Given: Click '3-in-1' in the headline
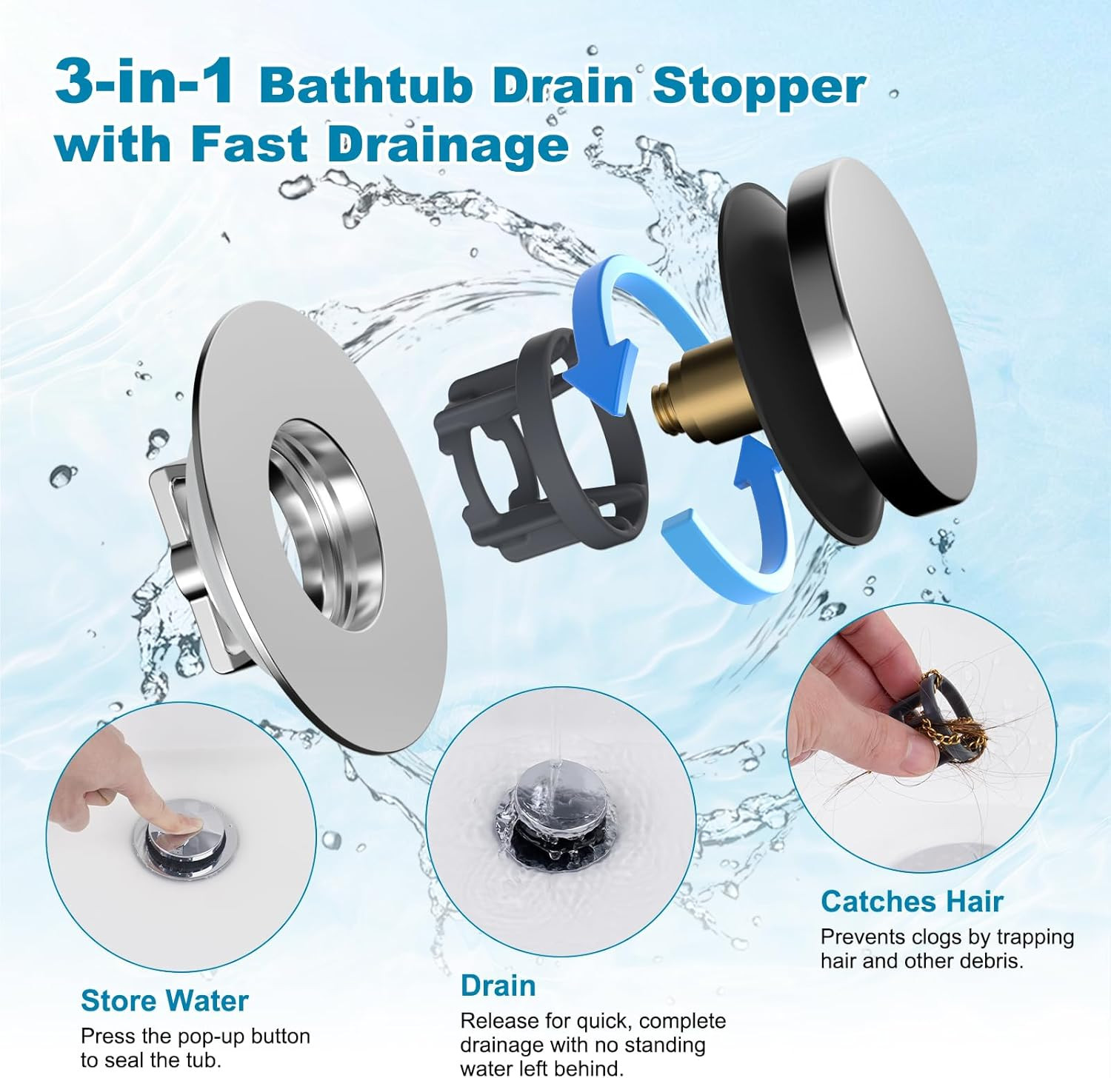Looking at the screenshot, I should tap(144, 83).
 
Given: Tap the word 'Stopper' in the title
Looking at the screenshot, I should tap(758, 86).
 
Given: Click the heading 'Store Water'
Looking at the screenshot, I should tap(164, 1000).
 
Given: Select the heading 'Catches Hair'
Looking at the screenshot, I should tap(912, 901).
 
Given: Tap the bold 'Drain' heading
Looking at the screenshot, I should tap(498, 985).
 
